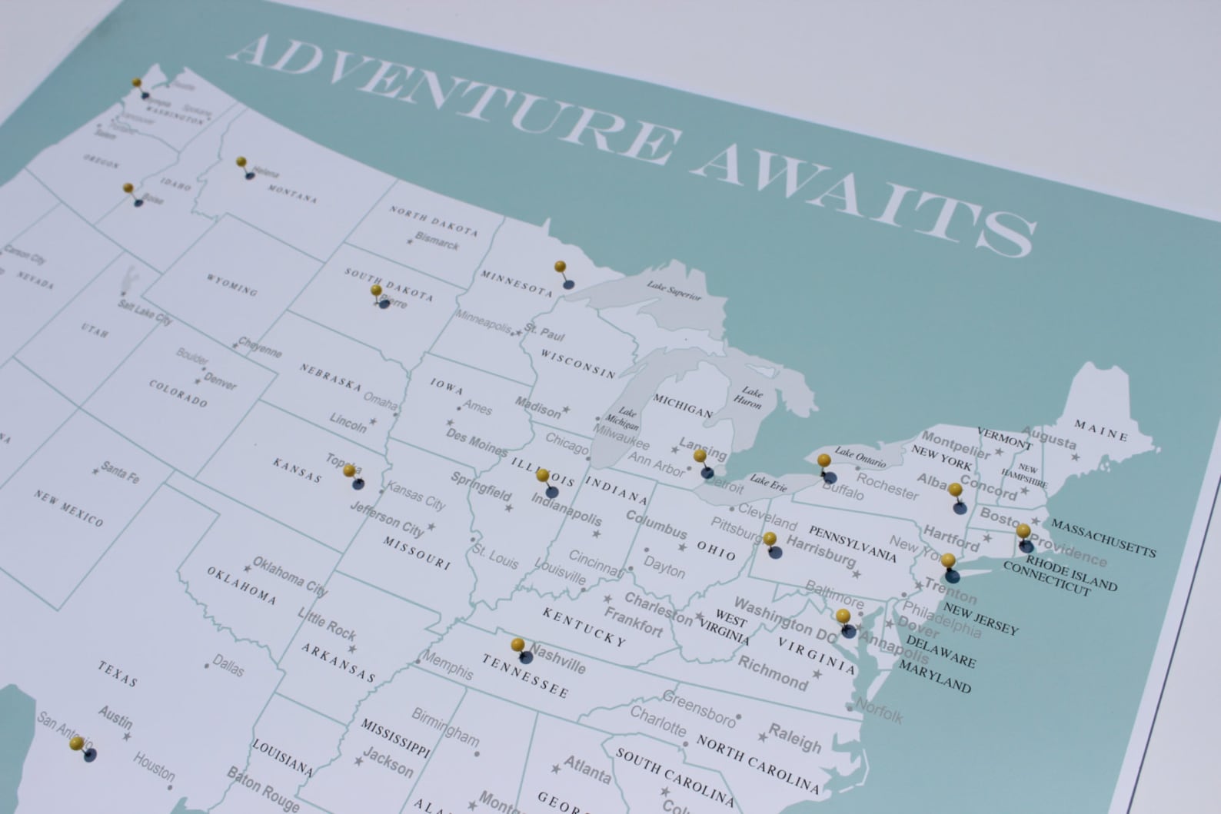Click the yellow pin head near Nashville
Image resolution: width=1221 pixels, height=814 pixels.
point(517,644)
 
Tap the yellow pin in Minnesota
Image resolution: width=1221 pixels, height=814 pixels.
point(561,267)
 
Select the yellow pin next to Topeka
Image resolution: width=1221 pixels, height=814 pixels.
point(349,470)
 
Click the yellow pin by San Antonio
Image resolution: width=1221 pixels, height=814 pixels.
point(76,743)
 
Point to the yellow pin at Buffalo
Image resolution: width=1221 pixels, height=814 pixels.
point(823,460)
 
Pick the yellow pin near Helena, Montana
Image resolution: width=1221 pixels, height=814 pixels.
point(241,162)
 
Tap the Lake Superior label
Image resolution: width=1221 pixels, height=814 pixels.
point(674,290)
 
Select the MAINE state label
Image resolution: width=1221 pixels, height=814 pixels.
point(1101,430)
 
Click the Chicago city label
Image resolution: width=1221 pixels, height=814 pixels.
point(567,443)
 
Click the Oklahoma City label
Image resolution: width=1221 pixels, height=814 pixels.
point(290,576)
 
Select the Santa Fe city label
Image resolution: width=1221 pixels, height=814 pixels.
point(120,472)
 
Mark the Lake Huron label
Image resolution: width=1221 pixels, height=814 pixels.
point(748,397)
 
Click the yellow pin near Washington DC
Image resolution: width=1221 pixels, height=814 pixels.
point(843,615)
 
